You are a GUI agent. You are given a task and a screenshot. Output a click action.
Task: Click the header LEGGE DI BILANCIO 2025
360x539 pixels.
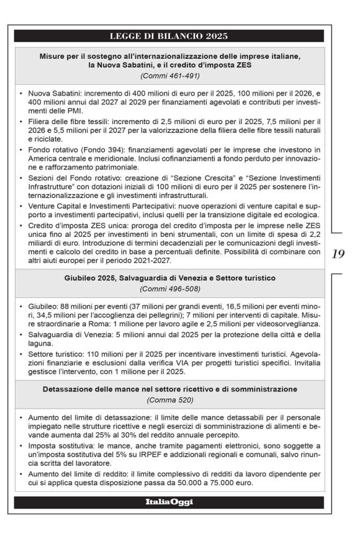point(169,35)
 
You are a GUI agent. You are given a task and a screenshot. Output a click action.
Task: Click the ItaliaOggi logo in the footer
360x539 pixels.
point(169,502)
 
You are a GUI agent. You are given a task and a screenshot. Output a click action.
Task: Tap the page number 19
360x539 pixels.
point(339,254)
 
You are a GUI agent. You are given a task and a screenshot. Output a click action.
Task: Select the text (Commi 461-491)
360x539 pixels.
point(169,76)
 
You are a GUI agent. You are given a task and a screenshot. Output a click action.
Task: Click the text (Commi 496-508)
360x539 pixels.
point(169,289)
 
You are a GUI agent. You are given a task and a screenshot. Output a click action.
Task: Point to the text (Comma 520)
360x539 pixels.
point(169,401)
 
